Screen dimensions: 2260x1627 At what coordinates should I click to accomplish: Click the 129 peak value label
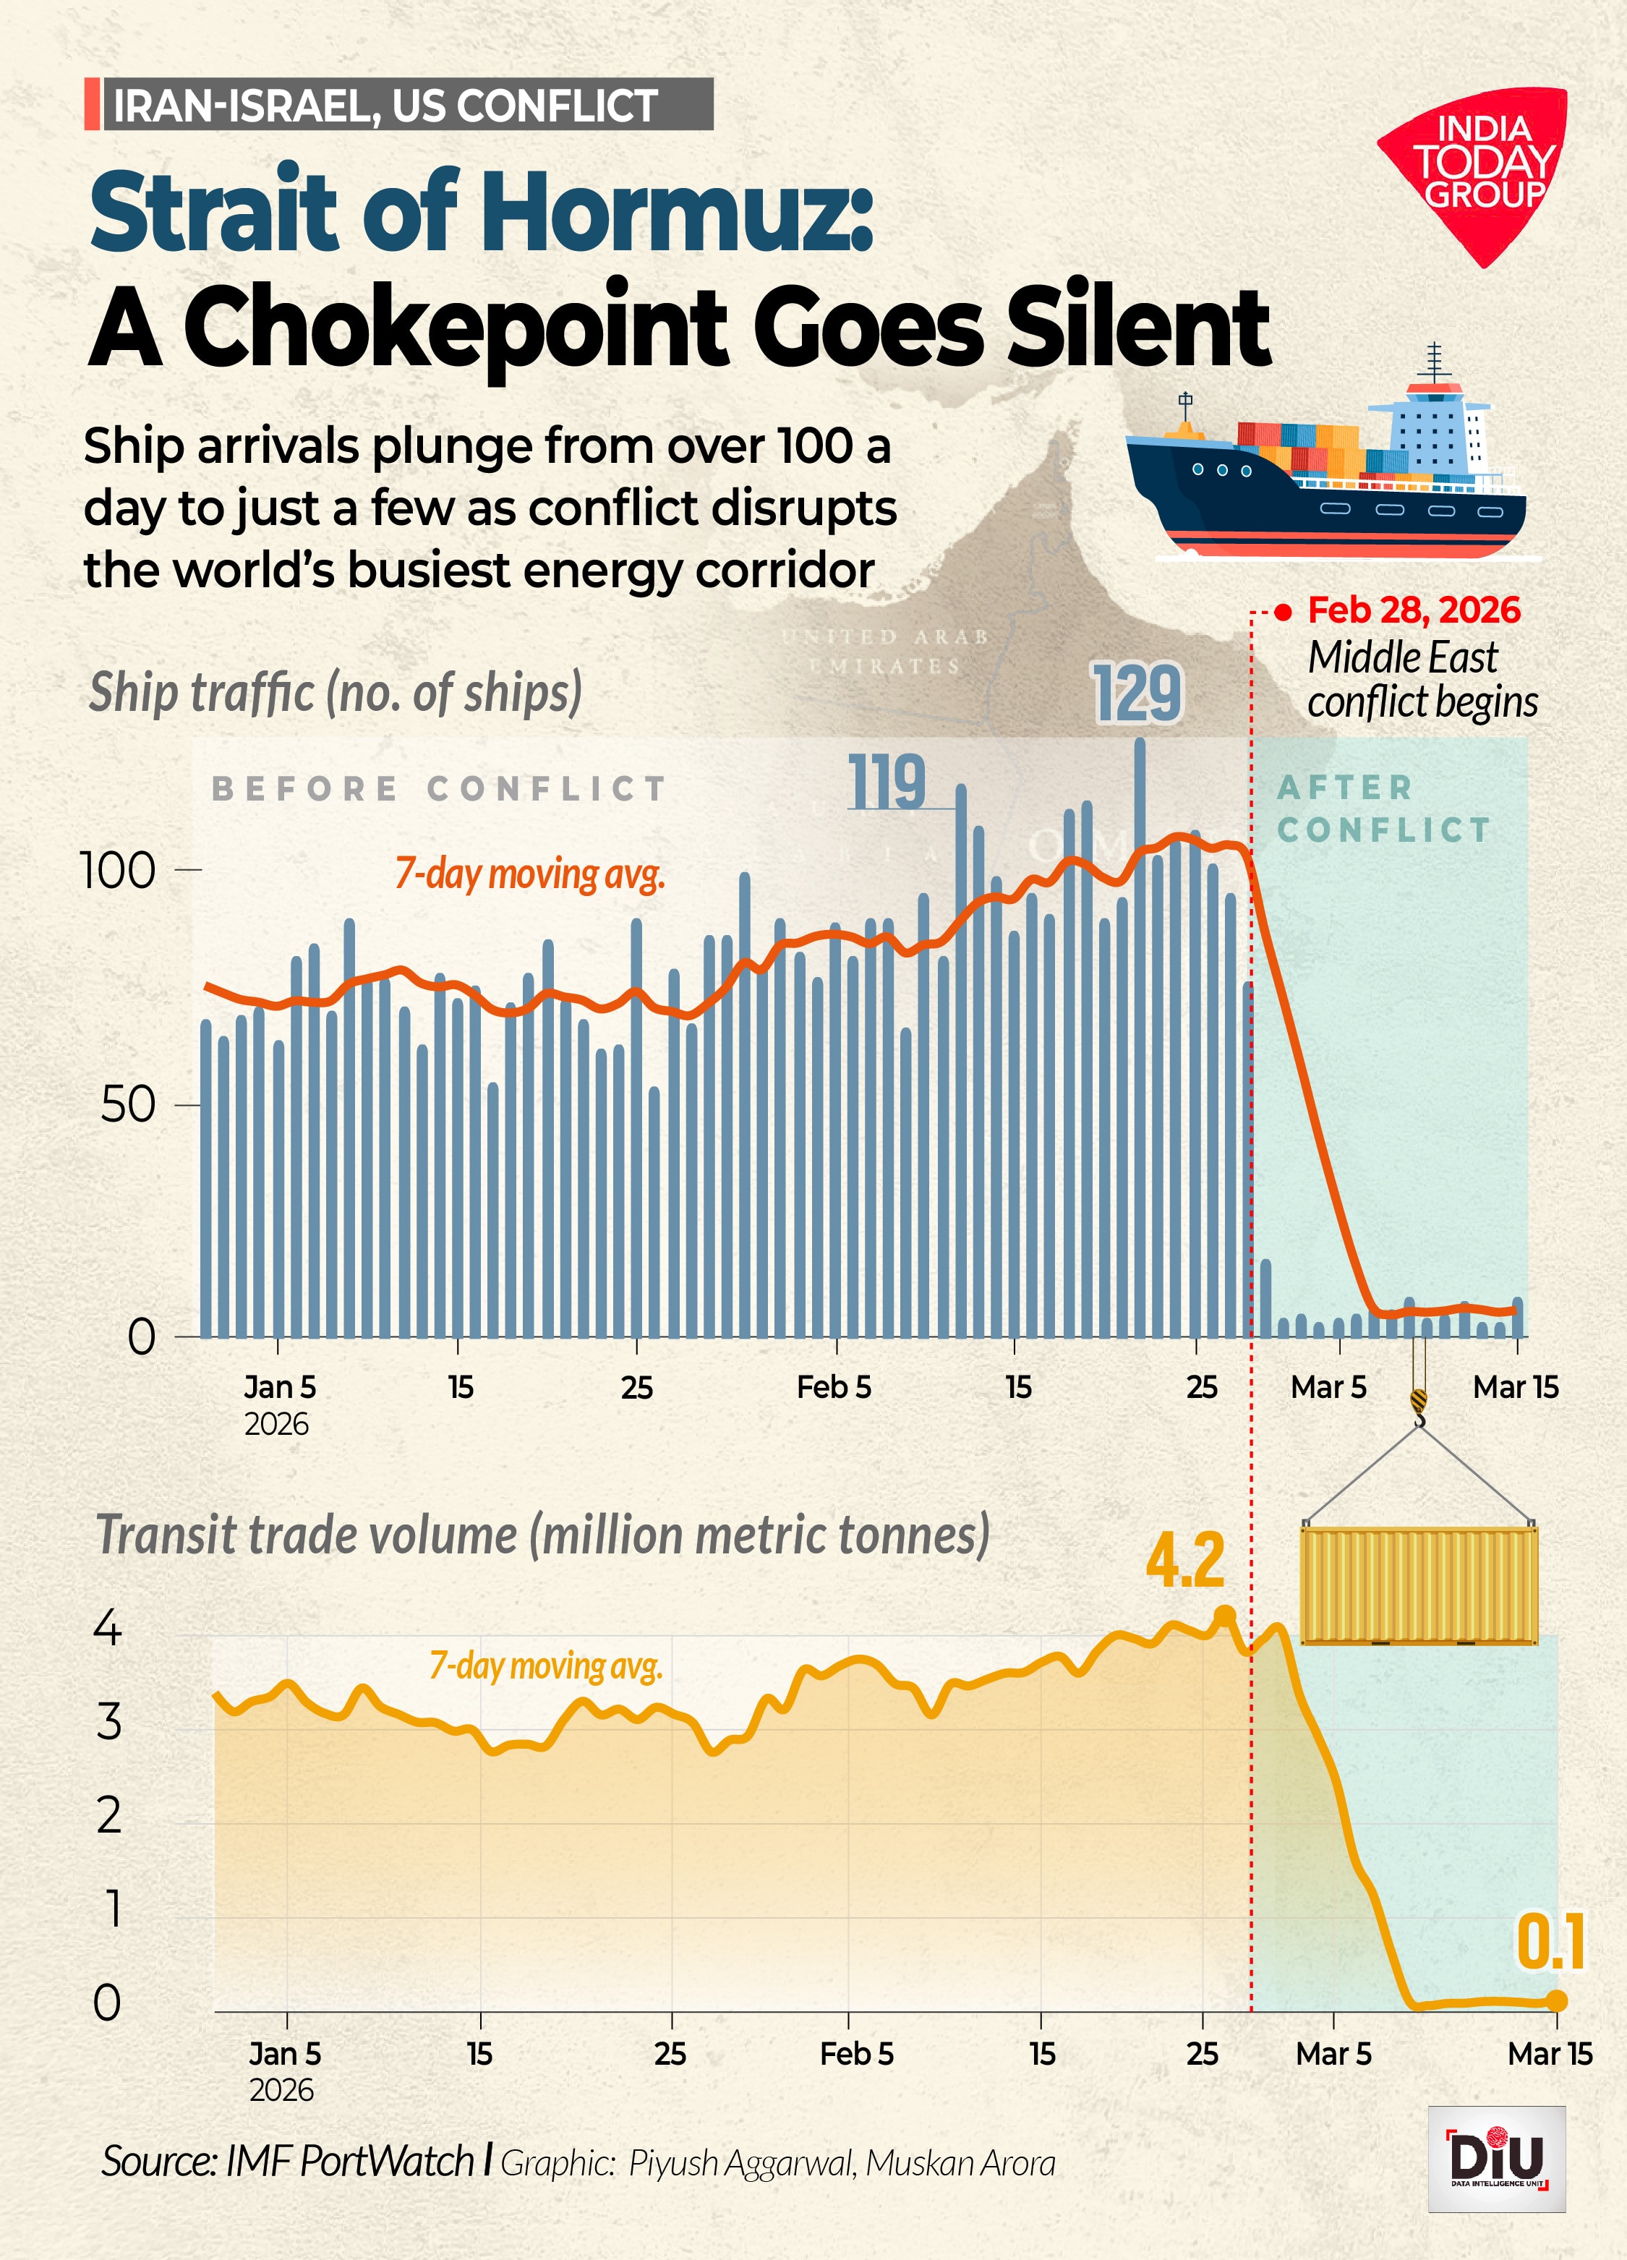(x=1137, y=693)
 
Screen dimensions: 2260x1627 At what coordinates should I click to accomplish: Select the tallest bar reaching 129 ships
(x=1140, y=1036)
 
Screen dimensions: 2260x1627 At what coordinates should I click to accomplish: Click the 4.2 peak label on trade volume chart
(x=1184, y=1561)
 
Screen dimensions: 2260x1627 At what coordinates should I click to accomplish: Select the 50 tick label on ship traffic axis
(x=127, y=1105)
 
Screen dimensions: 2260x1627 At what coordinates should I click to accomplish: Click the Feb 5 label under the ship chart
(x=834, y=1387)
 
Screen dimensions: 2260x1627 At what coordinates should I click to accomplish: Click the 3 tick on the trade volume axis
(x=110, y=1723)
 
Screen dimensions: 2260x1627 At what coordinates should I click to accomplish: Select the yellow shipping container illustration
(x=1419, y=1585)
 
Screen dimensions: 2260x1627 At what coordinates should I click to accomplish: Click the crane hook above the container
(x=1419, y=1407)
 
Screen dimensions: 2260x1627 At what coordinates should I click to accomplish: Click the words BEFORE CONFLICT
(x=438, y=788)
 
